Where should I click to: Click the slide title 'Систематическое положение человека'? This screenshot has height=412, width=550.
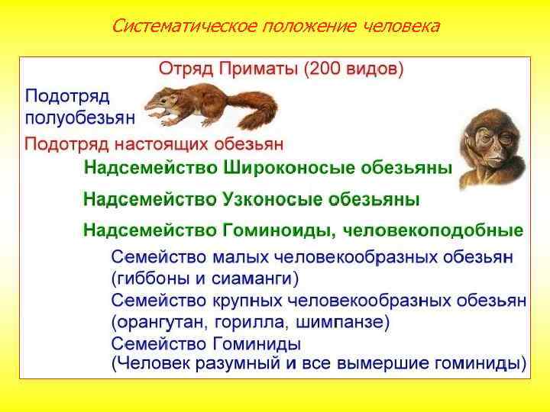click(x=275, y=27)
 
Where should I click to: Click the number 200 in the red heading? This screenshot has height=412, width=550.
click(x=319, y=69)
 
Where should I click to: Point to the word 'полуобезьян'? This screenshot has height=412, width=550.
click(x=80, y=117)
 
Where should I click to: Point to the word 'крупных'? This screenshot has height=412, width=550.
click(x=245, y=300)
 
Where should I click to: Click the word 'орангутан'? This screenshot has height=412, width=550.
click(x=158, y=321)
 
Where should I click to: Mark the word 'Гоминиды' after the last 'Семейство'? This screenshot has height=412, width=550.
click(x=254, y=343)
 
